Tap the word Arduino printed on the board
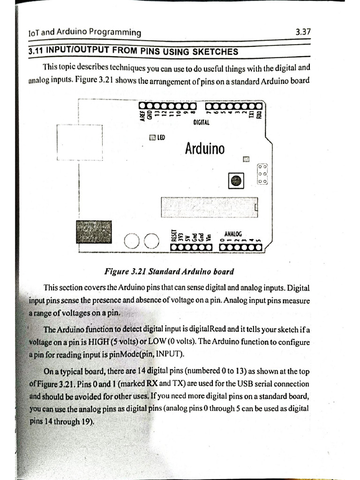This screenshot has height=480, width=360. (204, 149)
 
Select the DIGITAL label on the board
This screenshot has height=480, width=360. (201, 123)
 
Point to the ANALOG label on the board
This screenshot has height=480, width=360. (233, 233)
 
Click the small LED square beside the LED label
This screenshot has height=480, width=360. (152, 138)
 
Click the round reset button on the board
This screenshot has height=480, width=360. (236, 181)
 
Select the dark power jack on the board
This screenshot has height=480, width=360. (94, 231)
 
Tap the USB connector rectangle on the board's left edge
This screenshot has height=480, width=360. (80, 142)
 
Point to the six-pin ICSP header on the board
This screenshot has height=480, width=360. (262, 174)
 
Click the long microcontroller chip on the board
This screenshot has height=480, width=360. (210, 207)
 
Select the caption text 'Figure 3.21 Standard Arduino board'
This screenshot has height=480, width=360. (169, 272)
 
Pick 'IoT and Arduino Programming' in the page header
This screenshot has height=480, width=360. (85, 32)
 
